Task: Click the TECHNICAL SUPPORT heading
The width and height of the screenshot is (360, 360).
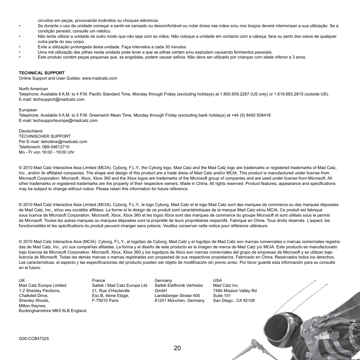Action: (x=42, y=73)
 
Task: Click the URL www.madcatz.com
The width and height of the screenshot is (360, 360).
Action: (x=99, y=78)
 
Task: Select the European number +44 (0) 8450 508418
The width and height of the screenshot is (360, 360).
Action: (x=251, y=115)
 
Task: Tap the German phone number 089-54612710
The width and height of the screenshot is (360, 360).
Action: (x=57, y=147)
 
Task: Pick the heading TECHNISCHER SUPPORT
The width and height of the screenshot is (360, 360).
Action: (x=45, y=136)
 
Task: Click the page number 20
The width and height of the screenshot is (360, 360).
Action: (x=178, y=348)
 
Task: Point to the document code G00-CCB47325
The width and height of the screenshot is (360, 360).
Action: (x=34, y=338)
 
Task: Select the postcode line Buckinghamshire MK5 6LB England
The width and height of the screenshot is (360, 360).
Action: (x=52, y=311)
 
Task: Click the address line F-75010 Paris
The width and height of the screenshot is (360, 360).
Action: (x=105, y=300)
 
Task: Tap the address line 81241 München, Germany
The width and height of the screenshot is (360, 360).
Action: (x=179, y=300)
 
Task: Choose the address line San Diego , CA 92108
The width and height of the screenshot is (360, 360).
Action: (x=234, y=300)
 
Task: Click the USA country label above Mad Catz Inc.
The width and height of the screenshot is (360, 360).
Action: (x=217, y=280)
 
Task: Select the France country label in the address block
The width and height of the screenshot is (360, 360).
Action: (x=98, y=280)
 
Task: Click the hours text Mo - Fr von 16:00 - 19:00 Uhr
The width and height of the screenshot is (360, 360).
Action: (x=46, y=152)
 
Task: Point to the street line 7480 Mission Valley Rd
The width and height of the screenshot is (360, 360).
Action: (x=235, y=291)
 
